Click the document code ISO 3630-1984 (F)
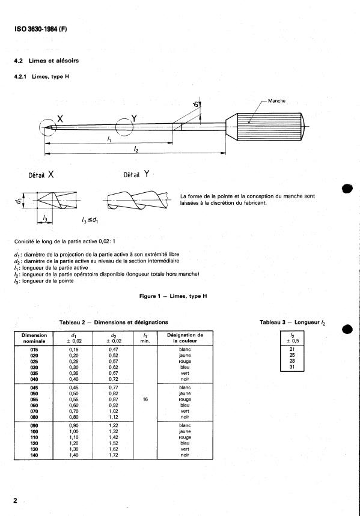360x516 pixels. (x=41, y=29)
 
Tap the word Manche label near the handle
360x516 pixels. (x=276, y=101)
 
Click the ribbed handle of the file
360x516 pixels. (x=270, y=127)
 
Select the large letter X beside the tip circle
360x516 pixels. (x=60, y=119)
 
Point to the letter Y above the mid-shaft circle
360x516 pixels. (x=134, y=118)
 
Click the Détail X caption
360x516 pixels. (x=41, y=175)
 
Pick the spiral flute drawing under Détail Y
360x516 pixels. (x=137, y=200)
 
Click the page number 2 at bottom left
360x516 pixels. (x=15, y=500)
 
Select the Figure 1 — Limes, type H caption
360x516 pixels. (x=173, y=296)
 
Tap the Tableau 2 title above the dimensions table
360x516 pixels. (x=114, y=323)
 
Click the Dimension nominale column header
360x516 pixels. (x=34, y=338)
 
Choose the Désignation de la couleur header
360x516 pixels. (x=185, y=338)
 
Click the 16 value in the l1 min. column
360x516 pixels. (x=145, y=399)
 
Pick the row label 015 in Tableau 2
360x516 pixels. (x=34, y=350)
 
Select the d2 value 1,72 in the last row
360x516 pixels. (x=114, y=455)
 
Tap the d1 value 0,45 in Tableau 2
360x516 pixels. (x=74, y=387)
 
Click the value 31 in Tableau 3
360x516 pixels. (x=292, y=367)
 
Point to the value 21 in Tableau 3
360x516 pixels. (x=292, y=349)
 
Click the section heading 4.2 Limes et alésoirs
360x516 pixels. (x=46, y=61)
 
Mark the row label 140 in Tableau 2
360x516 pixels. (x=34, y=455)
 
